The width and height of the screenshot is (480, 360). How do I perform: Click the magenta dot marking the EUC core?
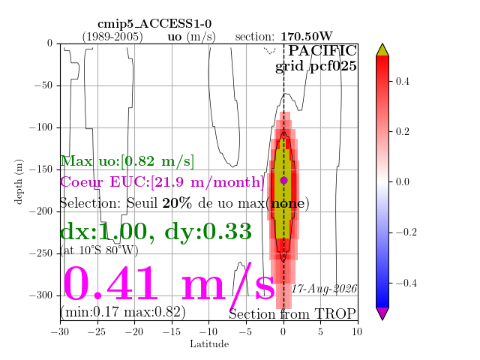pos(283,180)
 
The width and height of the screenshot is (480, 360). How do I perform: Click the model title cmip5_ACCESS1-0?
pos(154,24)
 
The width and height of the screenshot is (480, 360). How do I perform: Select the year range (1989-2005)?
pos(112,37)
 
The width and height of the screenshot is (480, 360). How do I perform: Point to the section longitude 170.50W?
pos(307,37)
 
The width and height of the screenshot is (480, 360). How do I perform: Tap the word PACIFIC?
pos(322,50)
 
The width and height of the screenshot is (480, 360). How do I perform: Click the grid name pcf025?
pos(333,67)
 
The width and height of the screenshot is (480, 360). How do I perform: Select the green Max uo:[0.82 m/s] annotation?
pos(127,161)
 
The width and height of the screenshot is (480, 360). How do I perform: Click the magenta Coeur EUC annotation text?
pos(162,181)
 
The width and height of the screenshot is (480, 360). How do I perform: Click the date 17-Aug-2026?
pos(324,289)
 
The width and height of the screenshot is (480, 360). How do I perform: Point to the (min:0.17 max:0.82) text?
pos(123,312)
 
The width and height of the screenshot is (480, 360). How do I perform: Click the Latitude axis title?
pos(209,343)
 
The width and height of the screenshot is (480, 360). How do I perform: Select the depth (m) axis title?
pos(19,181)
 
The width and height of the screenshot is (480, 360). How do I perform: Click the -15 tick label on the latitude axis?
pos(172,331)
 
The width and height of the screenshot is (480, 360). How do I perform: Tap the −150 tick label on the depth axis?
pos(41,169)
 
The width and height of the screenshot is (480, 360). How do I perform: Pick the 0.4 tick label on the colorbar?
pos(402,82)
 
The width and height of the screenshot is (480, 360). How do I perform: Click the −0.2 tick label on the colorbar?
pos(406,232)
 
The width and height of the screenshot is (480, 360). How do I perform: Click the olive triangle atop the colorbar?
pos(382,50)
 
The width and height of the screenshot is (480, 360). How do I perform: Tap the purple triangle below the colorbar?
pos(382,313)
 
